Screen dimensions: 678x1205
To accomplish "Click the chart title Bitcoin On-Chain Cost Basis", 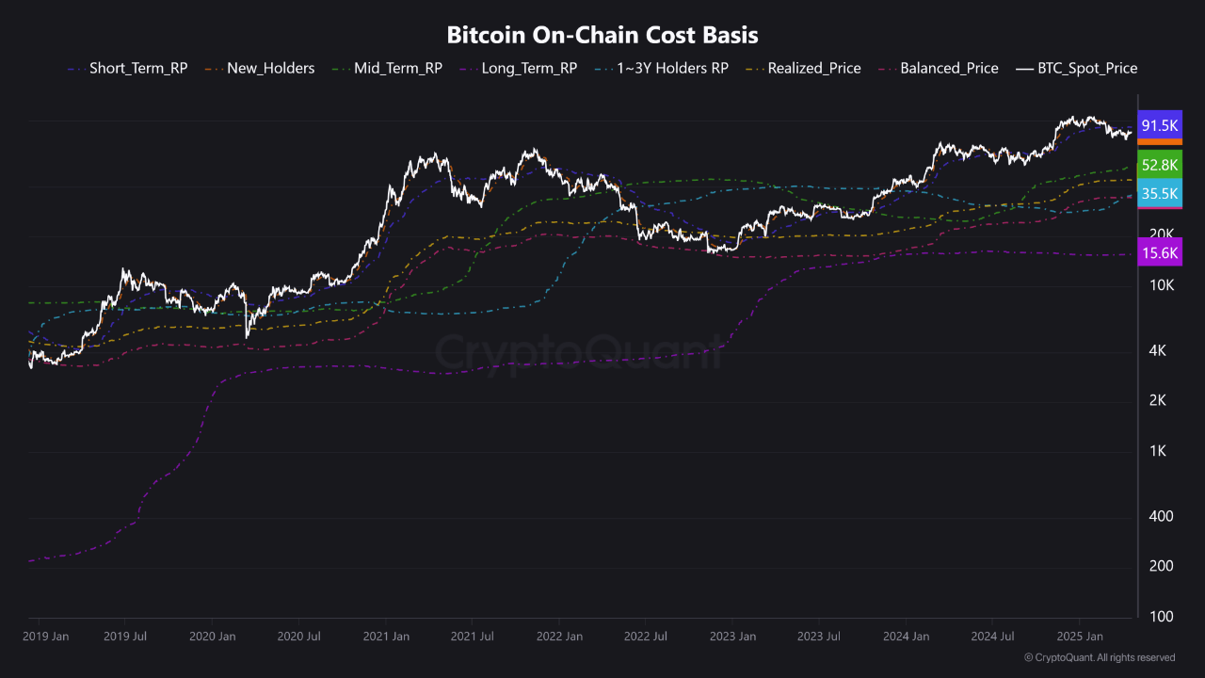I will (602, 35).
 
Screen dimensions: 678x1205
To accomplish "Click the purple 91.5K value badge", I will (1160, 125).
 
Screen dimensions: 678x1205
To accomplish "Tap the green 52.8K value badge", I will (1160, 165).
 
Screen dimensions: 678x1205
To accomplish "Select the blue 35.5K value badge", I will (1160, 193).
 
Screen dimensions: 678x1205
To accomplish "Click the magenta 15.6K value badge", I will (1160, 252).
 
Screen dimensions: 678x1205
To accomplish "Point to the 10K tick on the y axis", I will (1162, 285).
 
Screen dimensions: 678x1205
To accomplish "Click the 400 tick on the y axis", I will (1163, 516).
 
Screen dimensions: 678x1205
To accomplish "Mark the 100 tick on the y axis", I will (1163, 617).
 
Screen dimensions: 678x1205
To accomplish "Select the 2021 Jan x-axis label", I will (386, 637).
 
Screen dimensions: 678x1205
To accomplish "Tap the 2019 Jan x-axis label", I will (45, 637).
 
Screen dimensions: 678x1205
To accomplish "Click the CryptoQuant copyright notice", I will (1099, 657).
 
